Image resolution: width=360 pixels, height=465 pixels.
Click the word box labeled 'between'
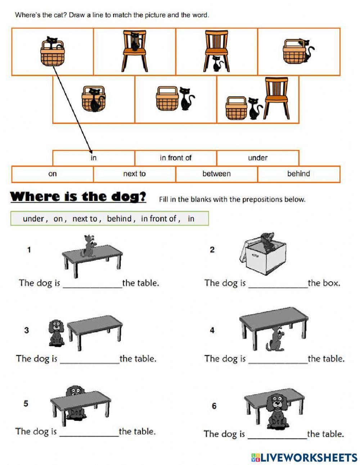pyautogui.click(x=216, y=174)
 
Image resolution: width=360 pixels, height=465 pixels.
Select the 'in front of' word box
pyautogui.click(x=176, y=158)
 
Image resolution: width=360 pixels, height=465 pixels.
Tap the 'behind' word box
pyautogui.click(x=298, y=174)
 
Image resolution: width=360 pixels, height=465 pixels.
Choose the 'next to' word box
pyautogui.click(x=134, y=174)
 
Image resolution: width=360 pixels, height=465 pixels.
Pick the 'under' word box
pyautogui.click(x=257, y=158)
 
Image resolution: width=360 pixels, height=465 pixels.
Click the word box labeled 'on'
pyautogui.click(x=53, y=174)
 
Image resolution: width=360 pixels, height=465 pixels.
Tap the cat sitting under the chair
pyautogui.click(x=217, y=64)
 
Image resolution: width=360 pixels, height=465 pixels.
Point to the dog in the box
pyautogui.click(x=267, y=242)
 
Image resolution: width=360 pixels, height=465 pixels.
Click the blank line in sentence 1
pyautogui.click(x=93, y=286)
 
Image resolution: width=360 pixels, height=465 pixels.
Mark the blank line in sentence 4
pyautogui.click(x=278, y=362)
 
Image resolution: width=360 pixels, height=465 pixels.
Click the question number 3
pyautogui.click(x=27, y=330)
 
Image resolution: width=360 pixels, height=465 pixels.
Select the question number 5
pyautogui.click(x=26, y=403)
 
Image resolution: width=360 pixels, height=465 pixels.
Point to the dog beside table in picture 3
pyautogui.click(x=56, y=333)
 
